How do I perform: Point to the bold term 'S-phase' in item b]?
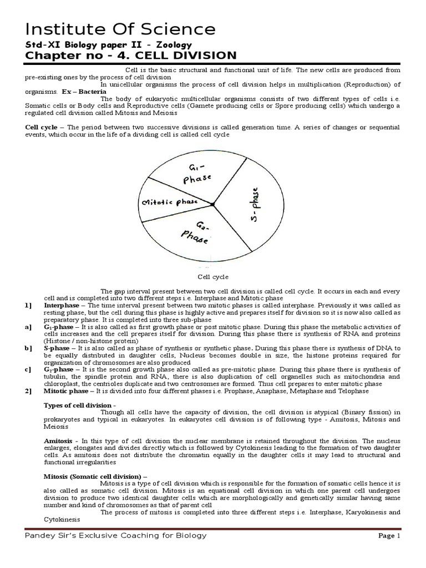[x=57, y=348]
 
